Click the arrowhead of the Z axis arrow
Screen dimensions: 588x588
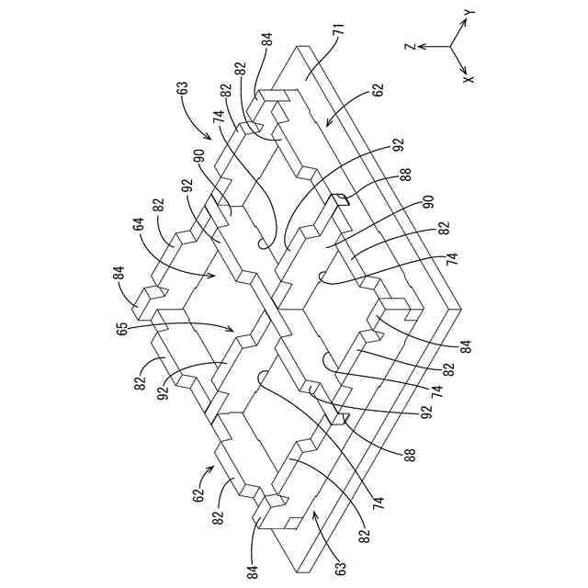(x=422, y=45)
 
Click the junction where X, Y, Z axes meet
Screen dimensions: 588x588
(x=450, y=45)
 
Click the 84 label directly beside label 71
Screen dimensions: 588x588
(x=267, y=40)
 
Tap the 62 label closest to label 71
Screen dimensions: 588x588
(x=378, y=91)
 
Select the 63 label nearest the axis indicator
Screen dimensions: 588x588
(x=183, y=90)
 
